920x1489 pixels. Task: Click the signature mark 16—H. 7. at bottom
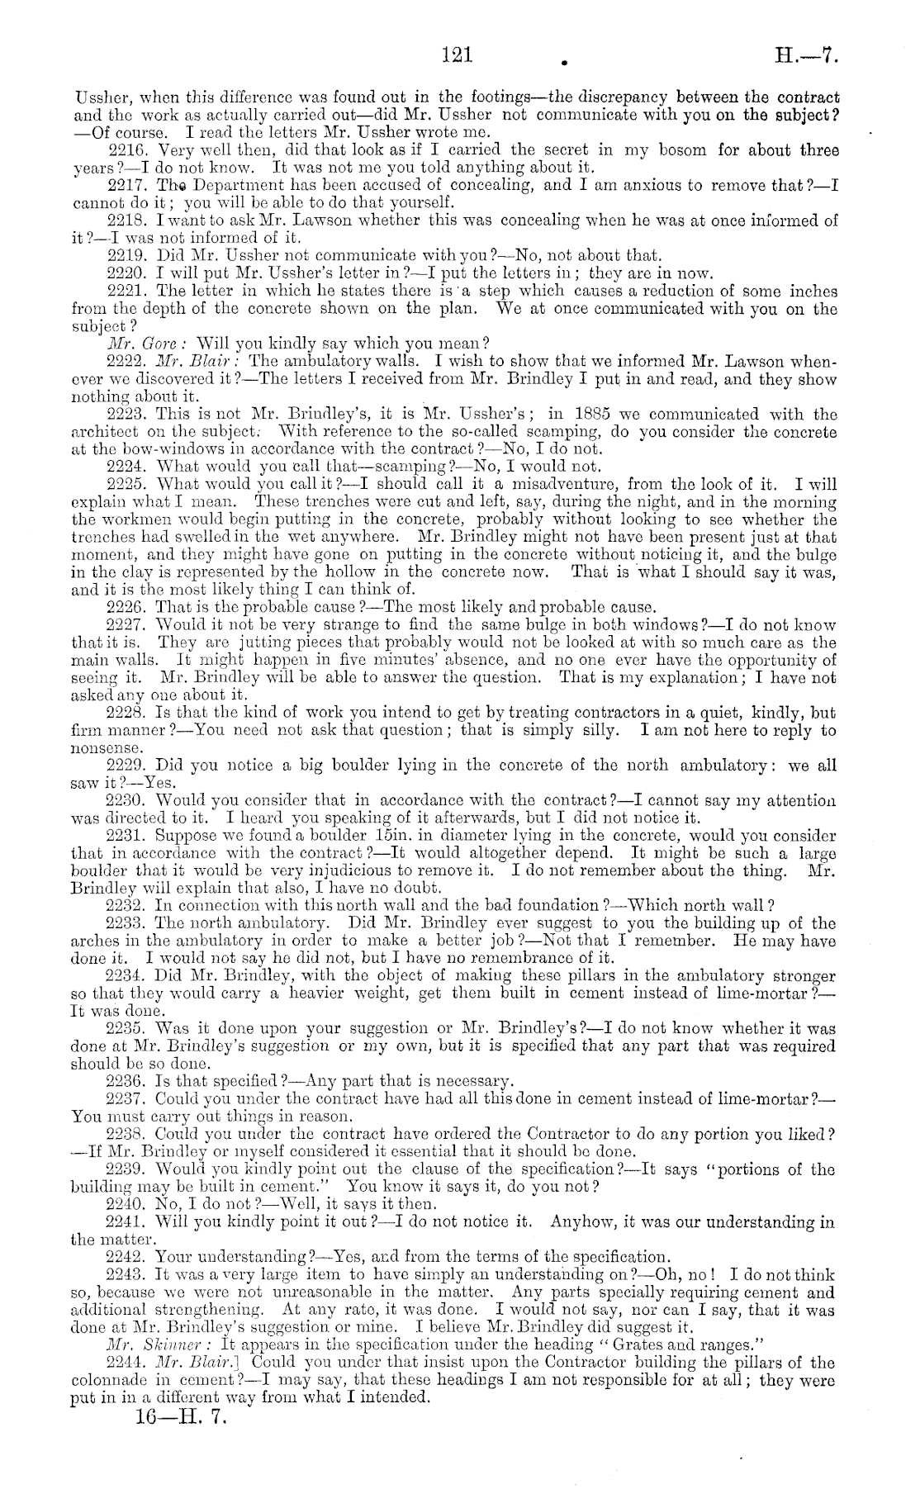pyautogui.click(x=173, y=1420)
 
